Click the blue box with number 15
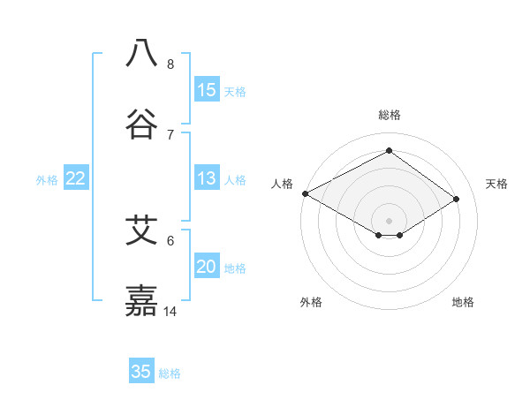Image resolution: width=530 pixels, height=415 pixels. coord(207,90)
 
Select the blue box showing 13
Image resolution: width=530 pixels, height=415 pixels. coord(207,179)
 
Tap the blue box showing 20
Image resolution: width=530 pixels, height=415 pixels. coord(207,268)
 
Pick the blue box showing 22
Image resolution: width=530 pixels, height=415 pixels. coord(76,179)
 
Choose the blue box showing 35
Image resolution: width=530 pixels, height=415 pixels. coord(141,372)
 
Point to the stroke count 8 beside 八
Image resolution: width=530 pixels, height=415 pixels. coord(170,64)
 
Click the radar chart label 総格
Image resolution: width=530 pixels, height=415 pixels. coord(390,115)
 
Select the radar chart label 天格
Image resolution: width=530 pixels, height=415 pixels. coord(496,184)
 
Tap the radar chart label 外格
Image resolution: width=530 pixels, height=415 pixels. coord(311,302)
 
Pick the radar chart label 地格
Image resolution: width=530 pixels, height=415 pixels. coord(463,302)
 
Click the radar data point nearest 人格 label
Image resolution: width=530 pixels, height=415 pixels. coord(305,192)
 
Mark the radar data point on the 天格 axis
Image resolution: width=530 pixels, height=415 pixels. coord(457,199)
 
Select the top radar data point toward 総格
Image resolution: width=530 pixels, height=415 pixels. coord(389,151)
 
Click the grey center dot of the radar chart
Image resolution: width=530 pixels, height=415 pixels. coord(389,220)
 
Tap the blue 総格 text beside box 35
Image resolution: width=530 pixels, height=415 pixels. coord(170,373)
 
